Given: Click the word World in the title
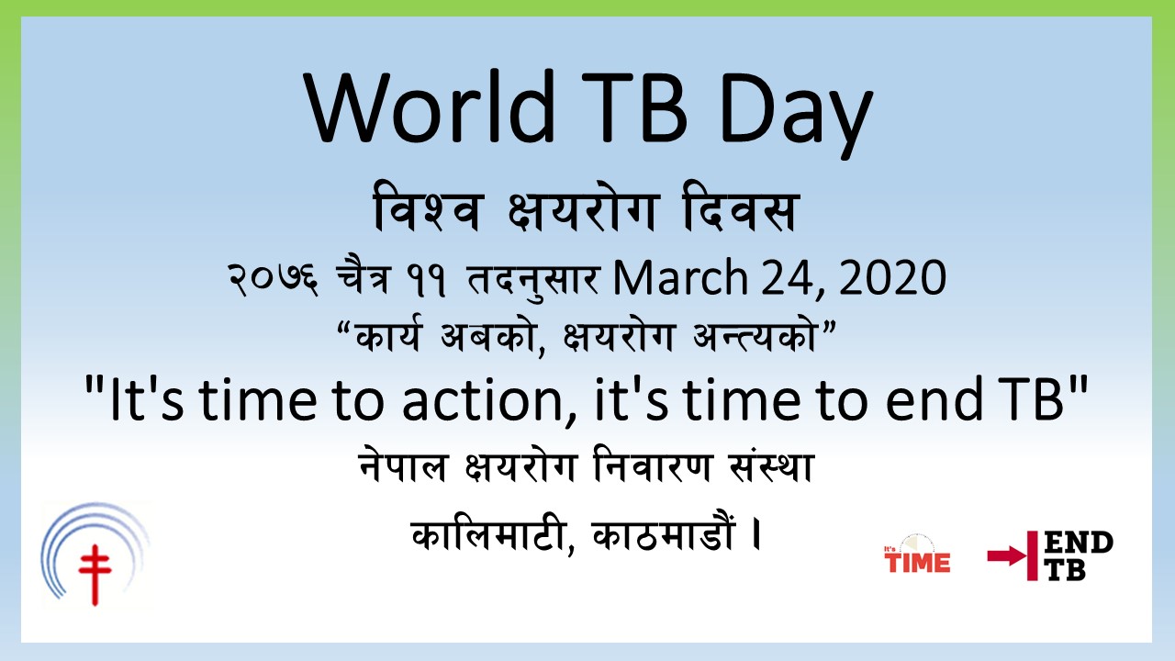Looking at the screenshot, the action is coord(429,107).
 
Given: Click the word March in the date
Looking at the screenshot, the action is coord(680,277).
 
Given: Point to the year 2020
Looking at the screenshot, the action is coord(893,277).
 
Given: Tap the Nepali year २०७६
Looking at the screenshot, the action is coord(273,280).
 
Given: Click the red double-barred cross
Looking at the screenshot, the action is coord(95,575).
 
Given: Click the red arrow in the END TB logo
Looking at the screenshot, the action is coord(1007,556).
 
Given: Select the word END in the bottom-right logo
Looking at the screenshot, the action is coord(1079,543).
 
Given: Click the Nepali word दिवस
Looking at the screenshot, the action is coord(741,208).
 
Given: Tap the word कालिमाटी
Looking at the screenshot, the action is coord(493,534).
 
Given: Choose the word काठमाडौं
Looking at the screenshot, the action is coord(664,534).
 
